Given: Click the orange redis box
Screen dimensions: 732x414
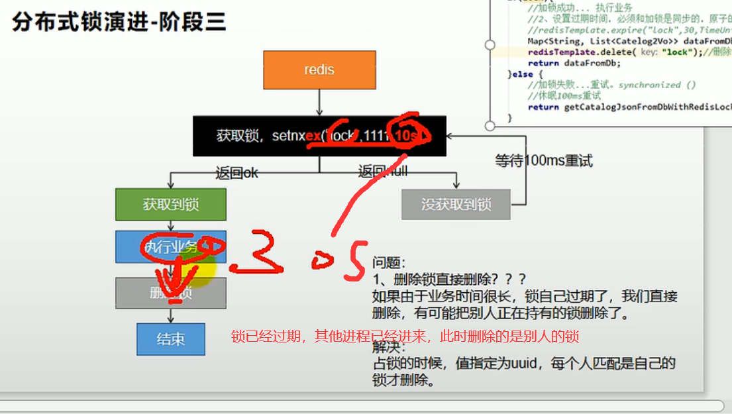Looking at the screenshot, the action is click(x=319, y=70).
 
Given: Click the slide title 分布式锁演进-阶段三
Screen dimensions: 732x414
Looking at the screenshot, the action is click(x=119, y=23).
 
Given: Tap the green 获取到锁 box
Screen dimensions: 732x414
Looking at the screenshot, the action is click(x=171, y=205).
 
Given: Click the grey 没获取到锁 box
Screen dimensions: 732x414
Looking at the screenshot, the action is click(x=456, y=205).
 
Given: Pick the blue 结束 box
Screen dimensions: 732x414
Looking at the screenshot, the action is click(x=170, y=340).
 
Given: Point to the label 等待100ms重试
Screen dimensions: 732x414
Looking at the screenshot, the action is click(x=543, y=160).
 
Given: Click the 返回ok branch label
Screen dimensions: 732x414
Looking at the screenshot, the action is click(x=236, y=173).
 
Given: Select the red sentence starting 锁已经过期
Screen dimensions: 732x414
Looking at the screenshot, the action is click(x=405, y=336).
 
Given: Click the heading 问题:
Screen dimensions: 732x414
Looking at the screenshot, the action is click(x=388, y=263).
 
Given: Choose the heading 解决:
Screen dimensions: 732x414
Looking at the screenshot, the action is click(x=388, y=346).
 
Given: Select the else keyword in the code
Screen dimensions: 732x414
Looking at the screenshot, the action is click(x=523, y=74).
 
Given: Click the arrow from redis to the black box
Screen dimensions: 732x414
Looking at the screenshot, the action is click(x=319, y=103).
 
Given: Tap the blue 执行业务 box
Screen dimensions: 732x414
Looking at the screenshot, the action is click(x=170, y=247).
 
